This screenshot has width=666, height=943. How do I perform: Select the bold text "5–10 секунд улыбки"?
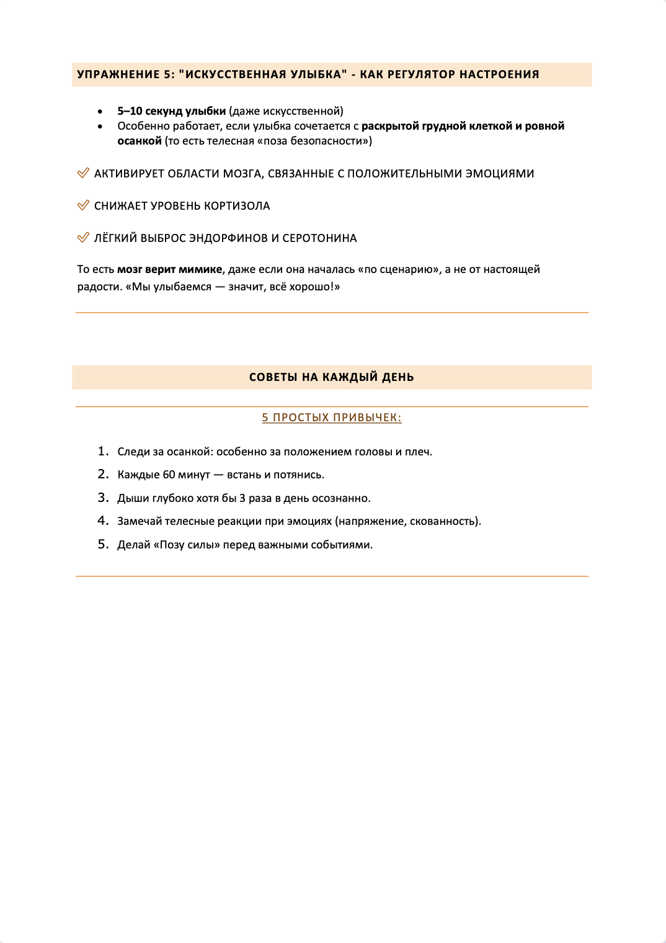point(171,111)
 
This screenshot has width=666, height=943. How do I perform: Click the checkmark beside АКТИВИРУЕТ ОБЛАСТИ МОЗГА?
point(83,173)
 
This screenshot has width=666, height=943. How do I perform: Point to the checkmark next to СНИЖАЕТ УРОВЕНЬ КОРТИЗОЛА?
point(83,205)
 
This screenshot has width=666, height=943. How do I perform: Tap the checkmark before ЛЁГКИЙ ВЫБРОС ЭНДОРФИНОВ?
point(83,238)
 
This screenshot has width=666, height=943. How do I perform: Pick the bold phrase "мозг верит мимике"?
point(169,269)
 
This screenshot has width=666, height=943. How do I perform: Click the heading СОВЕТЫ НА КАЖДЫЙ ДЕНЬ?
point(331,377)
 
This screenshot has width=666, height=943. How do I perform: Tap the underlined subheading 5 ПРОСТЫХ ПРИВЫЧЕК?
point(331,418)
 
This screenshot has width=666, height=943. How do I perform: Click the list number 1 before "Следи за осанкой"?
point(102,452)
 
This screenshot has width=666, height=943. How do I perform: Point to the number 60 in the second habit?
point(169,475)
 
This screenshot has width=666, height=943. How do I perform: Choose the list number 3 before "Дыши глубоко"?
point(102,498)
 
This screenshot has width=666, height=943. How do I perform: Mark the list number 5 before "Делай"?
point(102,545)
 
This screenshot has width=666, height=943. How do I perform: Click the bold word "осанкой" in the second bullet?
point(140,141)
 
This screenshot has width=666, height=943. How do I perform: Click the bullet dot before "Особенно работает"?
point(100,126)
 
